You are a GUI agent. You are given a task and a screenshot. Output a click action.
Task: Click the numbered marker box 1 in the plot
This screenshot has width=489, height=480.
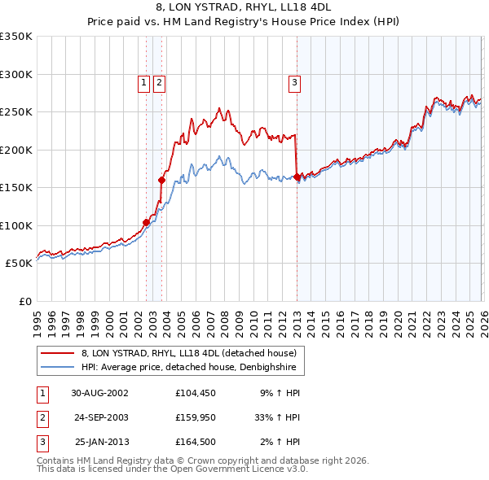[143, 81]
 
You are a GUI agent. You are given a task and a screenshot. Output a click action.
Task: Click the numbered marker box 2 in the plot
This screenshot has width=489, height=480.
[158, 81]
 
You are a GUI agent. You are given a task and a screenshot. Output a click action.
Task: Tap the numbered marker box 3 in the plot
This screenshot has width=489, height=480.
[293, 81]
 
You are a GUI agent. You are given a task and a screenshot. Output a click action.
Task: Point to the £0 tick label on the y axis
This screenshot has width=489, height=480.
[24, 302]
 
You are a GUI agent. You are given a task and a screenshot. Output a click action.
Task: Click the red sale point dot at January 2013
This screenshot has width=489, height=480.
[297, 177]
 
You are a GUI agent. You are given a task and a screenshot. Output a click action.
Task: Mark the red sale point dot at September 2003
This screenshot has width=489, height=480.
[161, 180]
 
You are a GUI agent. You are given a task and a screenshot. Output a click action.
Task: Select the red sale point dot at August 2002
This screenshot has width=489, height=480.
[147, 222]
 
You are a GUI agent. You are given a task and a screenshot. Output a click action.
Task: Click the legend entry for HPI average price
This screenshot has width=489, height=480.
[192, 368]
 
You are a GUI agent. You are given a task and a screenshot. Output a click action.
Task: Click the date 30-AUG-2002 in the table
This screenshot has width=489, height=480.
[99, 392]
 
